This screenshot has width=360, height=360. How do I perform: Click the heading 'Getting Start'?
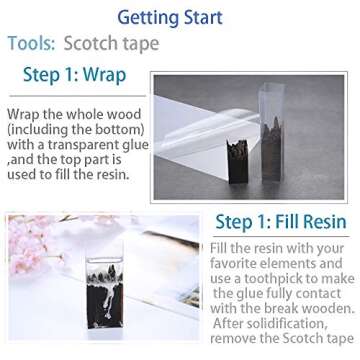coord(170,18)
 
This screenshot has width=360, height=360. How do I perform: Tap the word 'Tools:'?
coord(31,43)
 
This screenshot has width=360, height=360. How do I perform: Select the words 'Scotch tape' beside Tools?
coord(112,43)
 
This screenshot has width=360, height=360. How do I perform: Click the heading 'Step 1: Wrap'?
coord(75,74)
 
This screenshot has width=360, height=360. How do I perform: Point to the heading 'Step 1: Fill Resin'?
coord(281,222)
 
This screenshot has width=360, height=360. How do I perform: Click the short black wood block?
coord(237,162)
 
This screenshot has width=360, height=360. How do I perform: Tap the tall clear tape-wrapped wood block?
coord(273,133)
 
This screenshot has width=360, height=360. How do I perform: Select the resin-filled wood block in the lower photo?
coord(104,293)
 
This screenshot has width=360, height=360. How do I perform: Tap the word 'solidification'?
coord(281,323)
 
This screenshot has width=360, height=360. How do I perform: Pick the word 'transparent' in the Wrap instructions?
coord(93,145)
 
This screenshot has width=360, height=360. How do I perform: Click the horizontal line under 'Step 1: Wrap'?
coord(77,96)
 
